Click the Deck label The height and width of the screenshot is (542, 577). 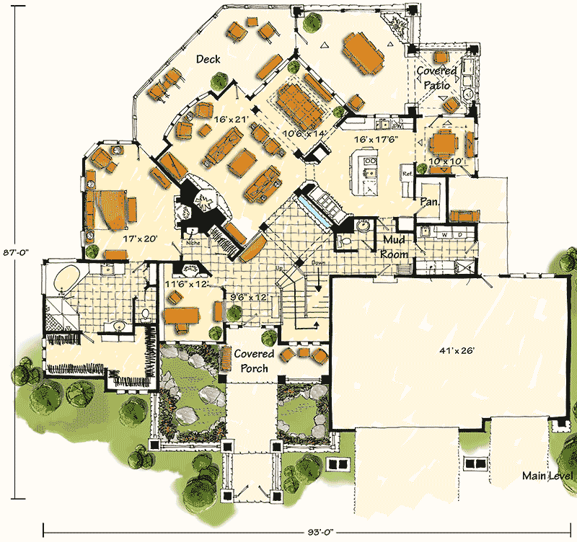point(208,59)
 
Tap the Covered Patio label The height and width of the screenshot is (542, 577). point(437,78)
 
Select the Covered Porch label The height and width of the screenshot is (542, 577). point(252,361)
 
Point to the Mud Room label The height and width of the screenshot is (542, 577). point(395,246)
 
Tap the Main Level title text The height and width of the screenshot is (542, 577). point(549,477)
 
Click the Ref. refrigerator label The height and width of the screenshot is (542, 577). point(407,174)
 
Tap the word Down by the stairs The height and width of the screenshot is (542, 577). point(318,264)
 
